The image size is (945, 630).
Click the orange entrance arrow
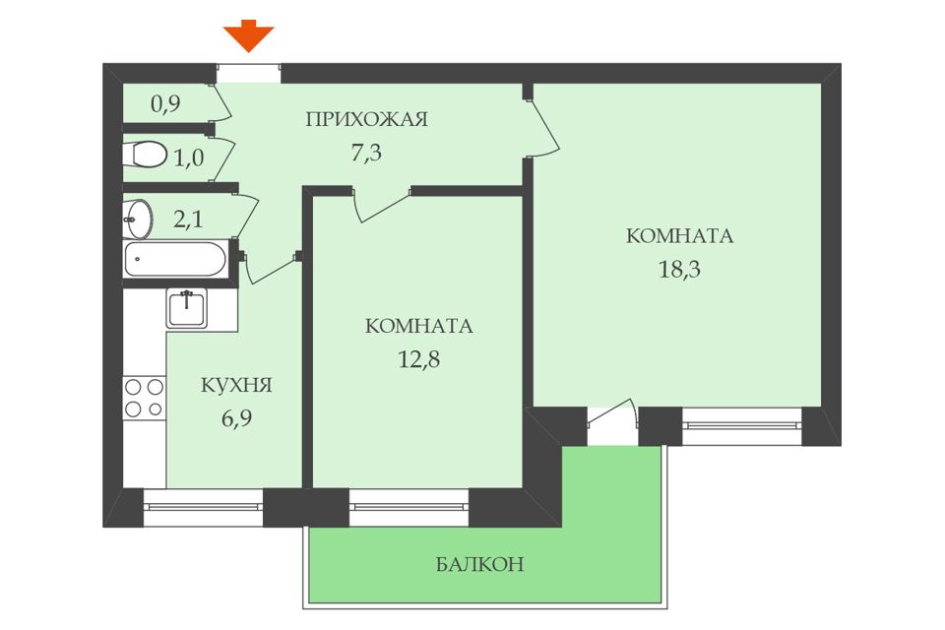click(248, 35)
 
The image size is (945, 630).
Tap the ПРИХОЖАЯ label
click(366, 120)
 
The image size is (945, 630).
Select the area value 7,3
click(366, 152)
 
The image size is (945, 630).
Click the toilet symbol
click(145, 157)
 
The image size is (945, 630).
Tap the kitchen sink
click(186, 308)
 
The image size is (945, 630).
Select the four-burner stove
click(144, 398)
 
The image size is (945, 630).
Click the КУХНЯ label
click(236, 385)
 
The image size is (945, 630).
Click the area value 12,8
click(417, 358)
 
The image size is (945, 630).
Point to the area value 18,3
click(679, 269)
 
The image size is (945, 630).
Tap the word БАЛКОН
click(479, 565)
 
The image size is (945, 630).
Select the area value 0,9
click(164, 103)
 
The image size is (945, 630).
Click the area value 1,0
click(189, 157)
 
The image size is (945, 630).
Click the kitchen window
click(203, 507)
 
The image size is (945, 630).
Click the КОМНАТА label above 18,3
click(679, 236)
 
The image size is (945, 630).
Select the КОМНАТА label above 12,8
click(417, 327)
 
